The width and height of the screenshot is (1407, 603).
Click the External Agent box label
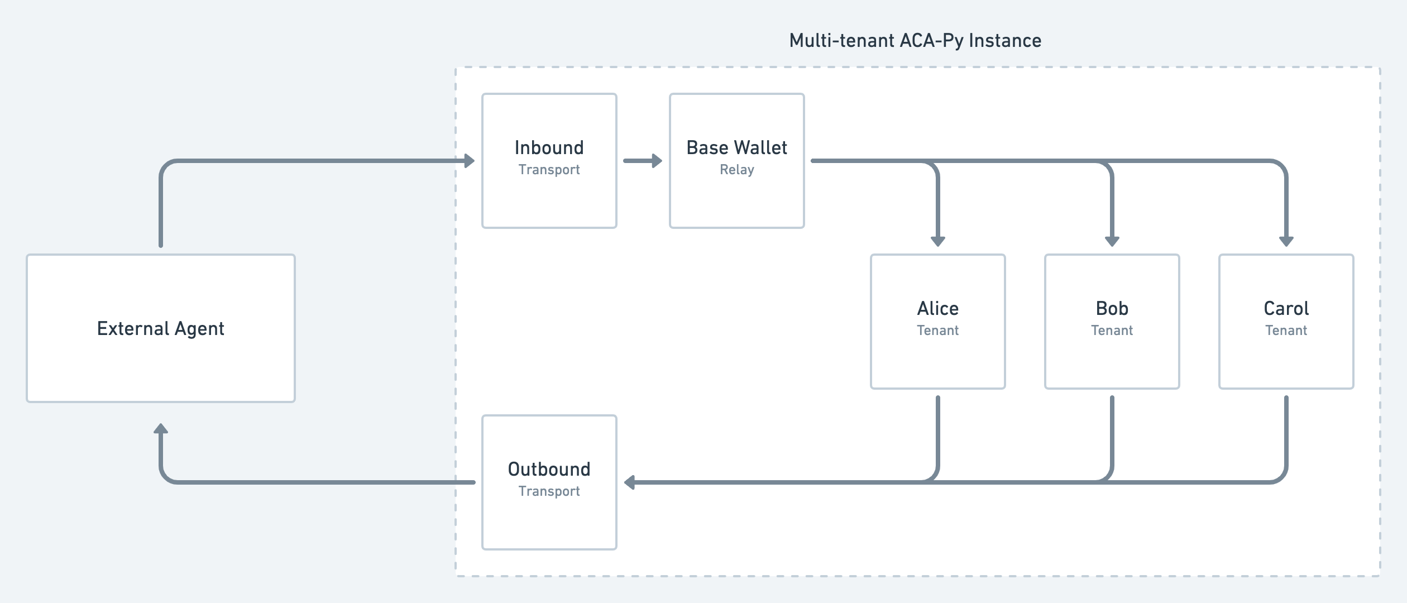pos(161,328)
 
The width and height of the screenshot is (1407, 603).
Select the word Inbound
pos(549,148)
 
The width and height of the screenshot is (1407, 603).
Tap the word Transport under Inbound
pos(549,170)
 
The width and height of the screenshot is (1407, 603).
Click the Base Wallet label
pos(736,148)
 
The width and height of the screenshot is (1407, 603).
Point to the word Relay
pos(736,170)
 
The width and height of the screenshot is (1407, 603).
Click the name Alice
pos(937,309)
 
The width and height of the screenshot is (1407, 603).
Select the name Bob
pos(1112,309)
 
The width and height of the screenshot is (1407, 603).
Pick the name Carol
pos(1286,309)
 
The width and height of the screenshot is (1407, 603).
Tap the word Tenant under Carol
pos(1286,331)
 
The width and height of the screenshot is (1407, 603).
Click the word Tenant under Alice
pos(937,331)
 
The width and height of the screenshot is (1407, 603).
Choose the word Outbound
pos(549,470)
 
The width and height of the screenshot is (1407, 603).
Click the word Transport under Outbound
pos(549,491)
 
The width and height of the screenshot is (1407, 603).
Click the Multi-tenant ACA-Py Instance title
pos(915,41)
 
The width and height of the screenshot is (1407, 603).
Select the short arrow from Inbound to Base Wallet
pos(642,161)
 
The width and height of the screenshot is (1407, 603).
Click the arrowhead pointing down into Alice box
pos(938,241)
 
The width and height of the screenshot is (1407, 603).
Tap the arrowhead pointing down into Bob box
pos(1112,241)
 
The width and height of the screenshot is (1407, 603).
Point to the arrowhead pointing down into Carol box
pos(1286,241)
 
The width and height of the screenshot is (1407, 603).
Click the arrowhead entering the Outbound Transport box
pos(630,482)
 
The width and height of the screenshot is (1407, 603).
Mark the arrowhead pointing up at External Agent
pos(161,429)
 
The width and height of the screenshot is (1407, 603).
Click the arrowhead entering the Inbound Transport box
pos(469,161)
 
